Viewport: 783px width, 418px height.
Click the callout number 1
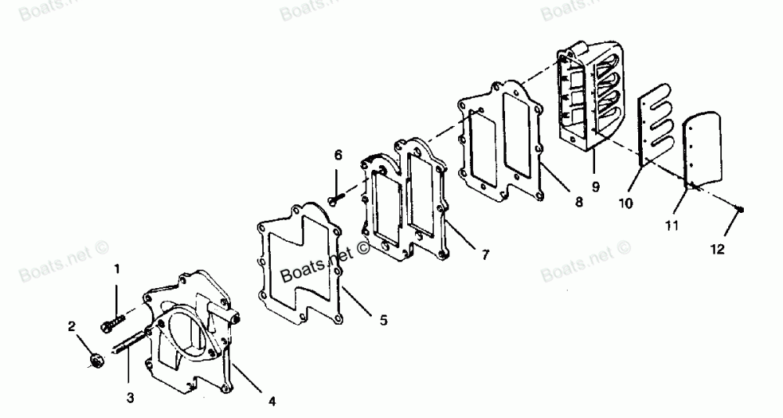[117, 269]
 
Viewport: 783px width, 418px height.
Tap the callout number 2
[72, 326]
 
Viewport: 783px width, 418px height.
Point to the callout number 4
[272, 402]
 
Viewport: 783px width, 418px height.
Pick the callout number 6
[338, 156]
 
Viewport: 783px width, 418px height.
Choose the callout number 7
[486, 255]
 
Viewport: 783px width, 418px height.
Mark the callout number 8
[579, 202]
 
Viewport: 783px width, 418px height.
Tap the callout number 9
[596, 187]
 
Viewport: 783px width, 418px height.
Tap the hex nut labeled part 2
[98, 361]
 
